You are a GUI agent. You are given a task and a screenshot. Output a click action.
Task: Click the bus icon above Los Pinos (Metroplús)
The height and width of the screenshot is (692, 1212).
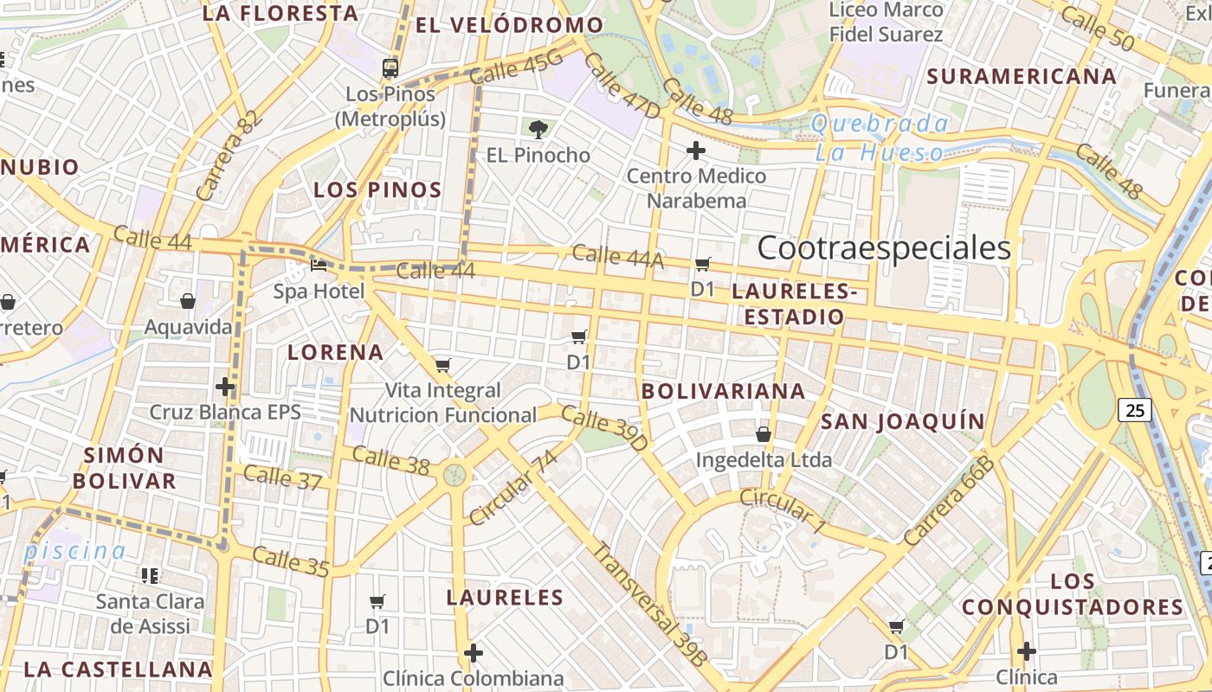pos(390,68)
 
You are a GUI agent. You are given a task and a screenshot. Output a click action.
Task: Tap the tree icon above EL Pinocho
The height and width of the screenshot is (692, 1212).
pos(538,130)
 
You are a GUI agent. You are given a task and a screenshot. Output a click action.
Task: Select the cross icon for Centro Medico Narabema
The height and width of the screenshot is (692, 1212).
pos(695,151)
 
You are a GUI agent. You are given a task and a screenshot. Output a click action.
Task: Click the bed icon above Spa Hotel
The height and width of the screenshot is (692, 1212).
pos(319,265)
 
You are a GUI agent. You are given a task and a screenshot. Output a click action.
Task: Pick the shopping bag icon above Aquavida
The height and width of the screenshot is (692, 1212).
pos(188,301)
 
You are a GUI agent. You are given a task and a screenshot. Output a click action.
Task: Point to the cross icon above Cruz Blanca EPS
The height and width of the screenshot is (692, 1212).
pos(225,386)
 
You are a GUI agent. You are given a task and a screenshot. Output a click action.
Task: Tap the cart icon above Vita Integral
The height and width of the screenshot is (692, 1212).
pos(443,365)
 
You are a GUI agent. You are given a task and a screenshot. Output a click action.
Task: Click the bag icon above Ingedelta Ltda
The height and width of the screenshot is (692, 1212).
pos(764,433)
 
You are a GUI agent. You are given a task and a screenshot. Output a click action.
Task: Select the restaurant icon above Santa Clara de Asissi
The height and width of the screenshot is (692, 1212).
pos(150,575)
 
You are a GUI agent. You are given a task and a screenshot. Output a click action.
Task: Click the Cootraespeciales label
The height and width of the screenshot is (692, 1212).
pos(884,248)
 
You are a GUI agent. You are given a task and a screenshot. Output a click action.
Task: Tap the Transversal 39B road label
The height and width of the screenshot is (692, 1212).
pos(648,604)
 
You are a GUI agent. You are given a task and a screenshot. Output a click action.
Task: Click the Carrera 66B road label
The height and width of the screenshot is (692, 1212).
pos(949,501)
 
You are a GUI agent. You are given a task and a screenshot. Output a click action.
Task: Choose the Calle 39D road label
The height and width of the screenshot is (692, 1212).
pos(604,427)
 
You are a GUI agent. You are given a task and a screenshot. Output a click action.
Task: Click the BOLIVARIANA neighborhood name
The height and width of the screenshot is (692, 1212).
pos(723,391)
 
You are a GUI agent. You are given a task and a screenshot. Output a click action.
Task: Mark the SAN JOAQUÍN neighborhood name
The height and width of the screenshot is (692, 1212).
pos(902,421)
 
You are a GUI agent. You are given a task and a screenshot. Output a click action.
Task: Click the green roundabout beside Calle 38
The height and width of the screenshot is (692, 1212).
pos(455,474)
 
